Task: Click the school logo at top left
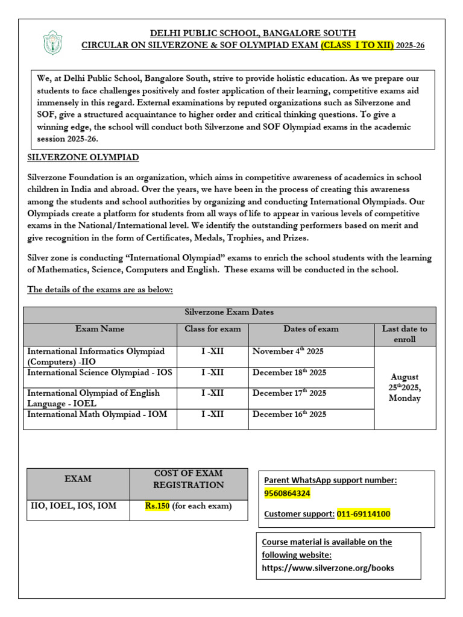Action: (52, 43)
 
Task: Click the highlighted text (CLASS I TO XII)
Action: (357, 46)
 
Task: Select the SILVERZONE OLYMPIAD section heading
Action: (83, 157)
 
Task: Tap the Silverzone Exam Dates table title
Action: (228, 312)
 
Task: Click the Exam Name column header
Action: (100, 329)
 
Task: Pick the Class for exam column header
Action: (212, 329)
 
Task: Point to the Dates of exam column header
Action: (311, 329)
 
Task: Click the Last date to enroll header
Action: (405, 334)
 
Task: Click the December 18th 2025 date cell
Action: (289, 372)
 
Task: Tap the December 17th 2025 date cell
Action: (289, 393)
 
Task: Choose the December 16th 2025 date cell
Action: (289, 414)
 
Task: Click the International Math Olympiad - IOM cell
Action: (97, 415)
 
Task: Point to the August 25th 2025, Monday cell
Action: (405, 387)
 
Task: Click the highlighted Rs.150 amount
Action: (158, 506)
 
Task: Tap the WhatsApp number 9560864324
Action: (288, 493)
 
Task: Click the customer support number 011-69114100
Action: (364, 514)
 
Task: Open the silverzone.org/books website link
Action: (328, 568)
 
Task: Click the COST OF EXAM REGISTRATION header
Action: (188, 479)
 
